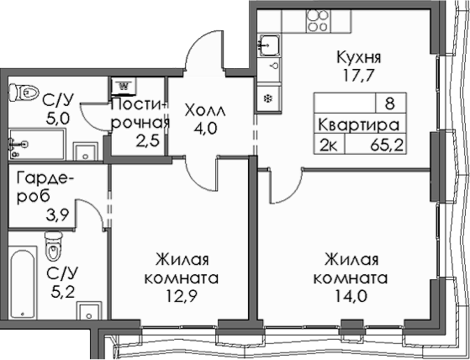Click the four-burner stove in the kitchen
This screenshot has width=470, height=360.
click(316, 20)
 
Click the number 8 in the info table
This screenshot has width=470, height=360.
click(390, 104)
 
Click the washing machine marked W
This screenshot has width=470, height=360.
click(124, 85)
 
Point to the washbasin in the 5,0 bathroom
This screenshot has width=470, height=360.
click(85, 151)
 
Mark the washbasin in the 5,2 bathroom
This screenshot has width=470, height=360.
click(90, 312)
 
